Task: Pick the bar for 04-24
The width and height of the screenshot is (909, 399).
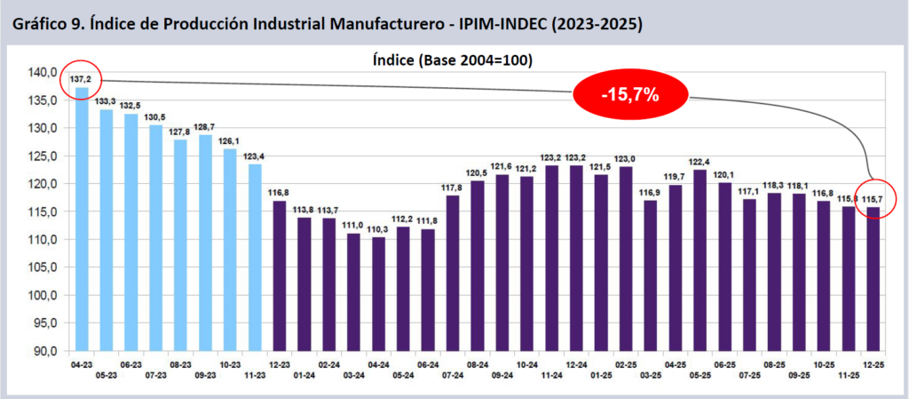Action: click(379, 293)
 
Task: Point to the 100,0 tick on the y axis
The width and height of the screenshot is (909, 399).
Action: click(44, 295)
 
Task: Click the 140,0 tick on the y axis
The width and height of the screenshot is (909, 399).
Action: click(44, 72)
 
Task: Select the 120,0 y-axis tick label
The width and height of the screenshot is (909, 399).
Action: click(44, 184)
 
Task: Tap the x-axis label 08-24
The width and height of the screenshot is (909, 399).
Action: click(478, 364)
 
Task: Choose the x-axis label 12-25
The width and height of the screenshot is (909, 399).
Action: click(874, 364)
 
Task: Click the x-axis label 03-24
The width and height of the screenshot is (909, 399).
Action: click(353, 376)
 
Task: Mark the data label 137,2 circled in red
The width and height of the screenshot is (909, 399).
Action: click(82, 80)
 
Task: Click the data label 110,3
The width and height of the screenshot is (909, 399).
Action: click(379, 228)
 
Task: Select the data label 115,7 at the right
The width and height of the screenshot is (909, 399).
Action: click(874, 199)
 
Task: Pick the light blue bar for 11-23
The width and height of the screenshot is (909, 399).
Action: click(255, 258)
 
